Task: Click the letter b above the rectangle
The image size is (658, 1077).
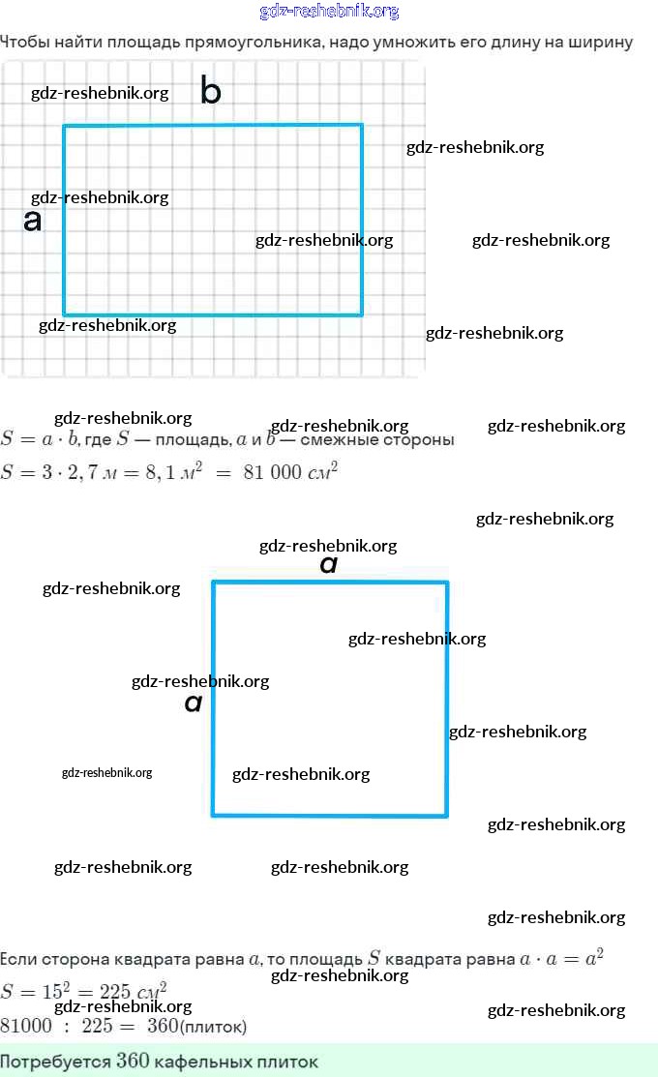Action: (x=211, y=91)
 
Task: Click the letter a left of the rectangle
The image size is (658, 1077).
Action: (x=33, y=221)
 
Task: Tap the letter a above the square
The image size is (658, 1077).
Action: (x=329, y=564)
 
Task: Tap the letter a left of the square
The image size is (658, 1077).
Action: (x=194, y=703)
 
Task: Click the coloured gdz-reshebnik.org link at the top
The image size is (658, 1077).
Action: (x=329, y=12)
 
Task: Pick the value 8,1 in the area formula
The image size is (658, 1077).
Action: (x=166, y=474)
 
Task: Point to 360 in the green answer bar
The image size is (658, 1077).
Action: (x=133, y=1062)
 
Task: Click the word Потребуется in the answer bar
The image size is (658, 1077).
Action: (x=55, y=1062)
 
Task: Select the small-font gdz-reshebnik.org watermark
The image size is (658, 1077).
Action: (x=106, y=773)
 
